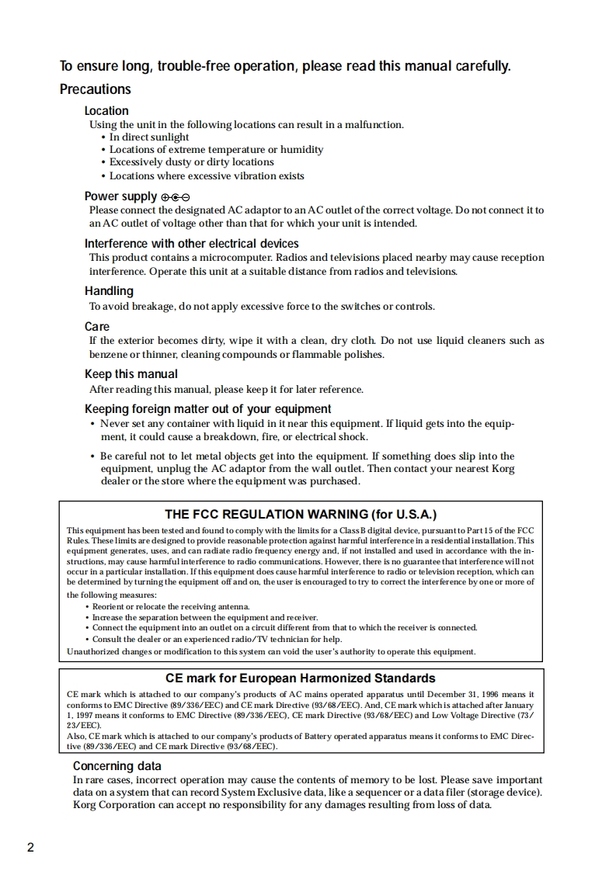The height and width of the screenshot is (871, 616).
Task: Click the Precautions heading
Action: point(95,89)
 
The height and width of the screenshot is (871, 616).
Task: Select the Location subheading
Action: point(106,111)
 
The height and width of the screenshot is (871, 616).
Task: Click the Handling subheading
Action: point(109,291)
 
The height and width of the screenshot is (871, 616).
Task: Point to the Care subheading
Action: point(97,327)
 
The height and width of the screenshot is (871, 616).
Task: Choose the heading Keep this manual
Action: point(131,374)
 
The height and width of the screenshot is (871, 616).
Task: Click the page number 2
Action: point(30,847)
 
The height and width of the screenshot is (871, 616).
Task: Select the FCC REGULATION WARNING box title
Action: point(301,515)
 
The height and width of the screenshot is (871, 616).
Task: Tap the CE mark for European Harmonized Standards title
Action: point(301,678)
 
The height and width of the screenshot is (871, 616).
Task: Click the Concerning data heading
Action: point(117,766)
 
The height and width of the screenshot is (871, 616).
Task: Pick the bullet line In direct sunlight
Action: point(148,137)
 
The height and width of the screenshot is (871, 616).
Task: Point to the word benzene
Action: point(107,355)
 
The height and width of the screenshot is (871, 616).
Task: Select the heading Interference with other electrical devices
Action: point(191,244)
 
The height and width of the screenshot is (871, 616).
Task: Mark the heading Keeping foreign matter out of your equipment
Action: point(207,409)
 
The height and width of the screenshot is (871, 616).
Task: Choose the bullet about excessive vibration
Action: point(207,176)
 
